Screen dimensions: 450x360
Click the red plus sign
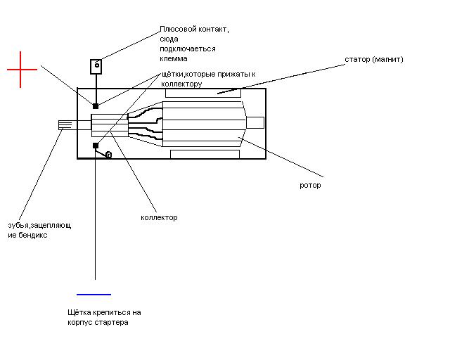pyautogui.click(x=20, y=70)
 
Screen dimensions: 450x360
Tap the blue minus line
pyautogui.click(x=94, y=295)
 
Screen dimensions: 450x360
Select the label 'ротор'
pyautogui.click(x=310, y=186)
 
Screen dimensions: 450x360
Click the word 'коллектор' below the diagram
pyautogui.click(x=159, y=217)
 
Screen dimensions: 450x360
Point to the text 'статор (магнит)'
pyautogui.click(x=374, y=60)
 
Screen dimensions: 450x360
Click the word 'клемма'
pyautogui.click(x=174, y=58)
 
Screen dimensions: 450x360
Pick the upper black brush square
pyautogui.click(x=96, y=106)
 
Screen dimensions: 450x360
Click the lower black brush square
pyautogui.click(x=96, y=146)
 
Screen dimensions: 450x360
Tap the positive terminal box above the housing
pyautogui.click(x=96, y=67)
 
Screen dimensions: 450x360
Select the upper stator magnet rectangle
pyautogui.click(x=203, y=94)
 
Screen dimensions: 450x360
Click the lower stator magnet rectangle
pyautogui.click(x=205, y=154)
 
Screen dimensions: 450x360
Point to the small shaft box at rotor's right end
pyautogui.click(x=255, y=122)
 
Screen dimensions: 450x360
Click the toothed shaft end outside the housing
pyautogui.click(x=65, y=125)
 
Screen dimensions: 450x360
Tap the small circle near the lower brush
pyautogui.click(x=109, y=155)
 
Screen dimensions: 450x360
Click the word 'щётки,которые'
pyautogui.click(x=187, y=75)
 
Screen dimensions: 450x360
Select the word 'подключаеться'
pyautogui.click(x=188, y=49)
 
